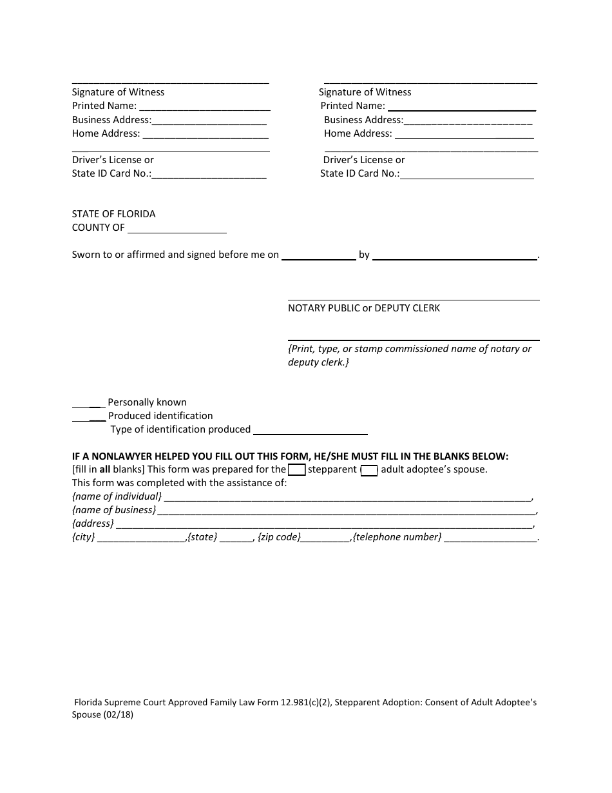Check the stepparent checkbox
[x=296, y=470]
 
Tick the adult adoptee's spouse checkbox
[x=369, y=470]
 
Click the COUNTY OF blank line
[x=177, y=228]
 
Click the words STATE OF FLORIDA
[x=113, y=214]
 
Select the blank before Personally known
[x=88, y=402]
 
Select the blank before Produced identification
[x=88, y=416]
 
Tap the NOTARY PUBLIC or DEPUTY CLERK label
[x=364, y=308]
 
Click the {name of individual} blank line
[x=348, y=497]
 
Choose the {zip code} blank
[x=325, y=538]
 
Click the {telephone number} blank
[x=490, y=538]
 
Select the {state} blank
[x=237, y=538]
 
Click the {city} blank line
[x=141, y=538]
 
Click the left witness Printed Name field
[x=205, y=106]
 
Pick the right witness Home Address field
[x=464, y=134]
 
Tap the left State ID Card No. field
[x=209, y=174]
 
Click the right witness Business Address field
[x=468, y=121]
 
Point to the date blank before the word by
[x=319, y=255]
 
